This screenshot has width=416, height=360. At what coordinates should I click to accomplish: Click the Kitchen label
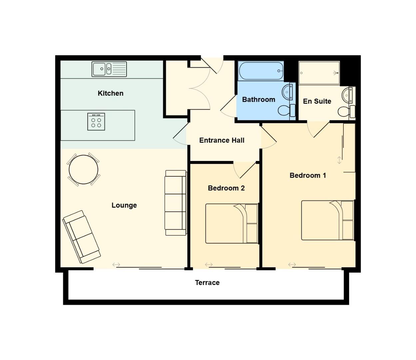click(110, 93)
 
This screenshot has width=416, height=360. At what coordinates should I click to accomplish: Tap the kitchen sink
click(109, 69)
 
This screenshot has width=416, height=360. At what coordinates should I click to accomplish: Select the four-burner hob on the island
click(96, 122)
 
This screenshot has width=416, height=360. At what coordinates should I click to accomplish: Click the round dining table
click(83, 170)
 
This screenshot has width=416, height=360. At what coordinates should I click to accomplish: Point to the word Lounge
click(124, 205)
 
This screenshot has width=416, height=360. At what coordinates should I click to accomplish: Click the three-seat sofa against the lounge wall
click(176, 203)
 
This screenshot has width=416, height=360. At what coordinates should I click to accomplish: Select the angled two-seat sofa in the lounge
click(82, 237)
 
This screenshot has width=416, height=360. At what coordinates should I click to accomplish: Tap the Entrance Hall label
click(221, 140)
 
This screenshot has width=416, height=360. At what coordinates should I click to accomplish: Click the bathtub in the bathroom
click(261, 71)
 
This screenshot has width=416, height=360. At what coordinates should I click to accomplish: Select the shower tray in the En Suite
click(319, 73)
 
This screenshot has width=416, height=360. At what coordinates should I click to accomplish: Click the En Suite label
click(317, 101)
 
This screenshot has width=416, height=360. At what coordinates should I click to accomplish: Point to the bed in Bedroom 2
click(231, 223)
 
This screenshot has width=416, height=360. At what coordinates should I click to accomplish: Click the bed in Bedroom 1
click(327, 220)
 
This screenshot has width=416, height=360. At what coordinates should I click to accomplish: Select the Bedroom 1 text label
click(307, 175)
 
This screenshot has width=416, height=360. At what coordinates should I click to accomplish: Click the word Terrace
click(207, 283)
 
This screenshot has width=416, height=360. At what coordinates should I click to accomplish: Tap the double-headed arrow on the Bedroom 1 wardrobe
click(339, 160)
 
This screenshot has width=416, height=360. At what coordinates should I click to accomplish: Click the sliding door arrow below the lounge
click(116, 265)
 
